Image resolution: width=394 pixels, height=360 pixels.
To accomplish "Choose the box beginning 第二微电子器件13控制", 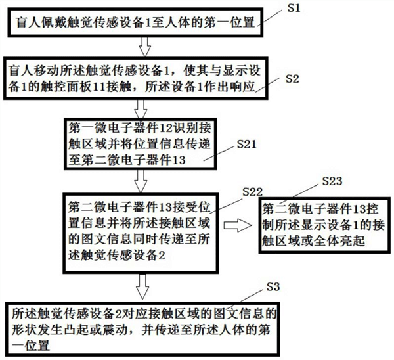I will point(318,225).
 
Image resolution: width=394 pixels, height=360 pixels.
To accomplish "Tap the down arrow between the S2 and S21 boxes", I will point(139,107).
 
